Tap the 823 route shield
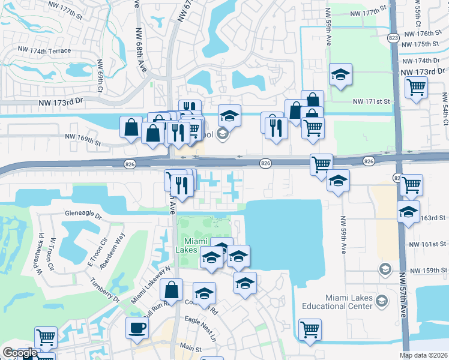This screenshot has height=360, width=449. coord(393,37)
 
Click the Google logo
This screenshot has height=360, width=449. coord(20,353)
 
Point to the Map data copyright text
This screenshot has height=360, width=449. coord(424,355)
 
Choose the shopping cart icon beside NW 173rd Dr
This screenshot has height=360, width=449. coord(416,87)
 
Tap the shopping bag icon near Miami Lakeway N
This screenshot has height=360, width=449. coord(172,290)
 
